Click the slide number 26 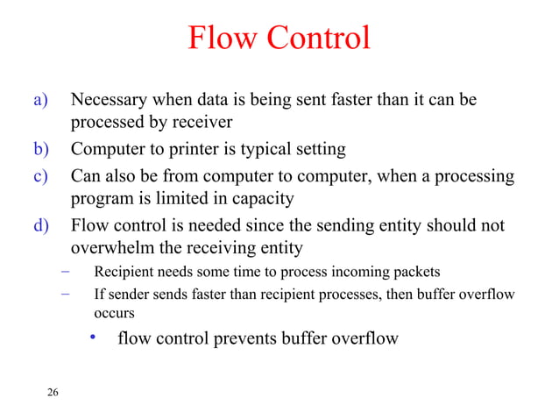53,392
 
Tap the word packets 420,272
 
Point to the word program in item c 102,200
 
